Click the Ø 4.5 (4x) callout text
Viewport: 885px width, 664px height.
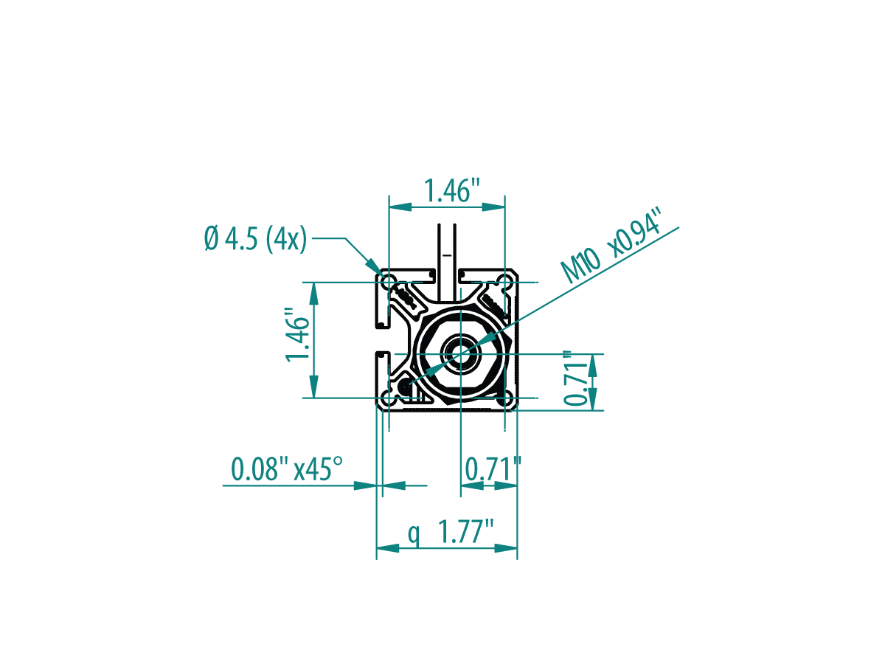coord(255,238)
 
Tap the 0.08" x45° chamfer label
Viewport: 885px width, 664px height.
coord(287,468)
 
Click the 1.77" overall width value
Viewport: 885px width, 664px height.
coord(465,531)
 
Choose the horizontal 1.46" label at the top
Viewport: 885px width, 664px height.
coord(452,190)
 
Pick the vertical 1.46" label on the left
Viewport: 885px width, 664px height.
coord(297,336)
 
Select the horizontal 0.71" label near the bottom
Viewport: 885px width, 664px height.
coord(493,468)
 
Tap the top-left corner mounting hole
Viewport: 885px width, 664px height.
coord(389,282)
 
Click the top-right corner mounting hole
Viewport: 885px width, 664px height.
coord(504,282)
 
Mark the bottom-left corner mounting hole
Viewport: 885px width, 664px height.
coord(389,398)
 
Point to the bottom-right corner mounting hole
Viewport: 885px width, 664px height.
coord(504,398)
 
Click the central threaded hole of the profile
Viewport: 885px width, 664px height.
coord(460,354)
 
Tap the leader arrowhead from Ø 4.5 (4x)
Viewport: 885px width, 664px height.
coord(375,268)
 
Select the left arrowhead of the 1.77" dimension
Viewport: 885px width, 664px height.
coord(388,548)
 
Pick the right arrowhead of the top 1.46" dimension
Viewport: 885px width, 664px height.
coord(493,207)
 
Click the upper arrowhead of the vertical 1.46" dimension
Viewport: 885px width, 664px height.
coord(313,294)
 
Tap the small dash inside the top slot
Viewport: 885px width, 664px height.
coord(447,255)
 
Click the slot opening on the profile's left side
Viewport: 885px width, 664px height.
coord(382,340)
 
